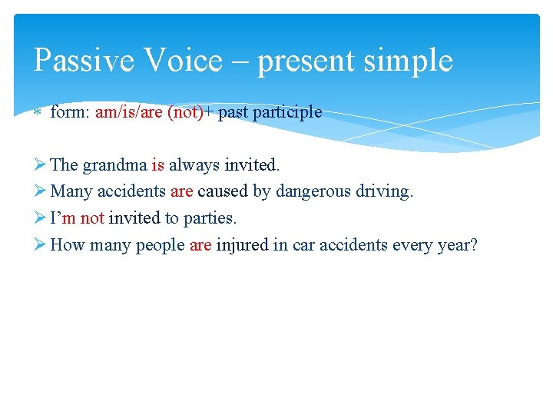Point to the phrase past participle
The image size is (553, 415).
[x=270, y=112]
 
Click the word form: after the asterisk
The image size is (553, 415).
[x=70, y=112]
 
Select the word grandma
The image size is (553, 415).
[x=115, y=164]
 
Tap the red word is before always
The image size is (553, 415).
[x=157, y=164]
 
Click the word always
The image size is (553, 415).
[x=194, y=164]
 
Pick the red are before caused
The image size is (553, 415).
[x=181, y=191]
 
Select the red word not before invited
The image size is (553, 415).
[x=91, y=218]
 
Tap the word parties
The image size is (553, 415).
[x=210, y=218]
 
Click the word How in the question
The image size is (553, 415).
[x=68, y=245]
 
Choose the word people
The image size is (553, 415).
[x=160, y=245]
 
